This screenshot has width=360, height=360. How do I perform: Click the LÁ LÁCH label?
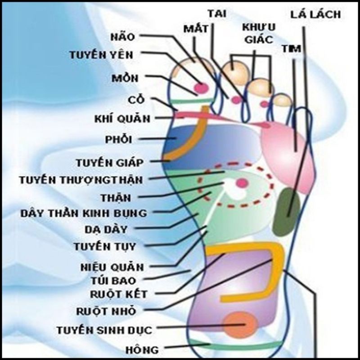(x=315, y=14)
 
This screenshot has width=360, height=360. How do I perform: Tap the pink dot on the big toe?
(x=201, y=87)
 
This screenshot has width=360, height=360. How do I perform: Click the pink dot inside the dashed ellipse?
(x=242, y=183)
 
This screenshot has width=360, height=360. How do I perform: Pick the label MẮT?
(x=197, y=29)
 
